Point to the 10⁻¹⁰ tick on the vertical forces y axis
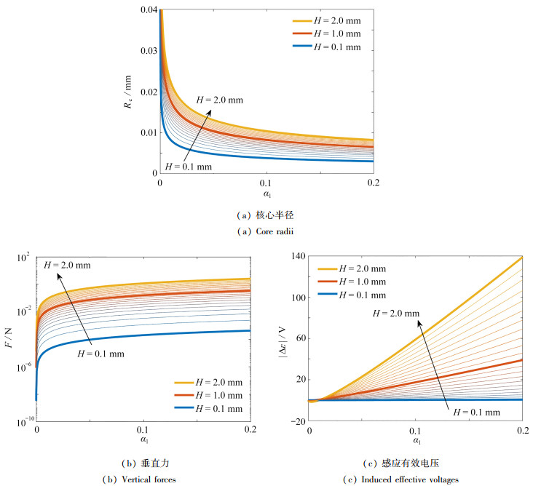19,420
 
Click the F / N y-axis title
9,338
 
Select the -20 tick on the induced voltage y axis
296,420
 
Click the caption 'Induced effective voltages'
414,479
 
